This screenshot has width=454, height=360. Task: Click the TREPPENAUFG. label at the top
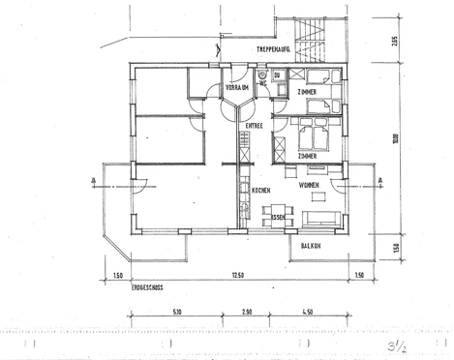(x=276, y=48)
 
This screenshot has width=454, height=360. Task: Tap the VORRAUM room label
(x=237, y=88)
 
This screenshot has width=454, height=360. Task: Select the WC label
(x=262, y=84)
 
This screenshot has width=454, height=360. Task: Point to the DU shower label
(x=277, y=75)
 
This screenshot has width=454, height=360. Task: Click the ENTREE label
(x=255, y=126)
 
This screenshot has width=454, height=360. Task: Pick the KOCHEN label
(x=260, y=191)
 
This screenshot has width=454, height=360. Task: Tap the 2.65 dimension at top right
(x=395, y=41)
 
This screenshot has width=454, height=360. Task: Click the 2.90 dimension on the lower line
(x=247, y=313)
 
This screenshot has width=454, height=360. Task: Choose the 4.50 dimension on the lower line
(x=307, y=313)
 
